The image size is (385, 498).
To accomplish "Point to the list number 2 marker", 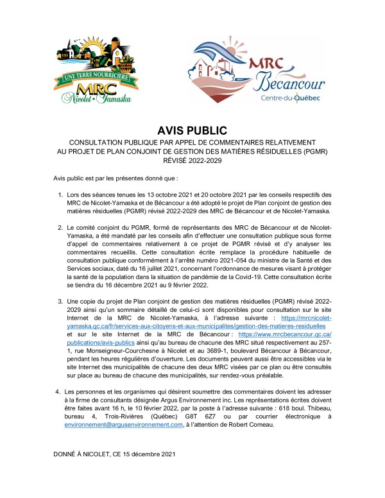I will (x=60, y=227).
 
